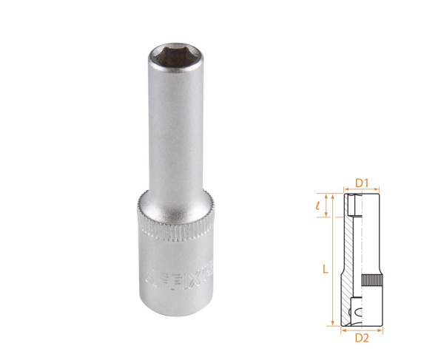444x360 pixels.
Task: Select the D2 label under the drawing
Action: (x=362, y=338)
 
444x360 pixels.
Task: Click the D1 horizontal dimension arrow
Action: (x=363, y=189)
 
